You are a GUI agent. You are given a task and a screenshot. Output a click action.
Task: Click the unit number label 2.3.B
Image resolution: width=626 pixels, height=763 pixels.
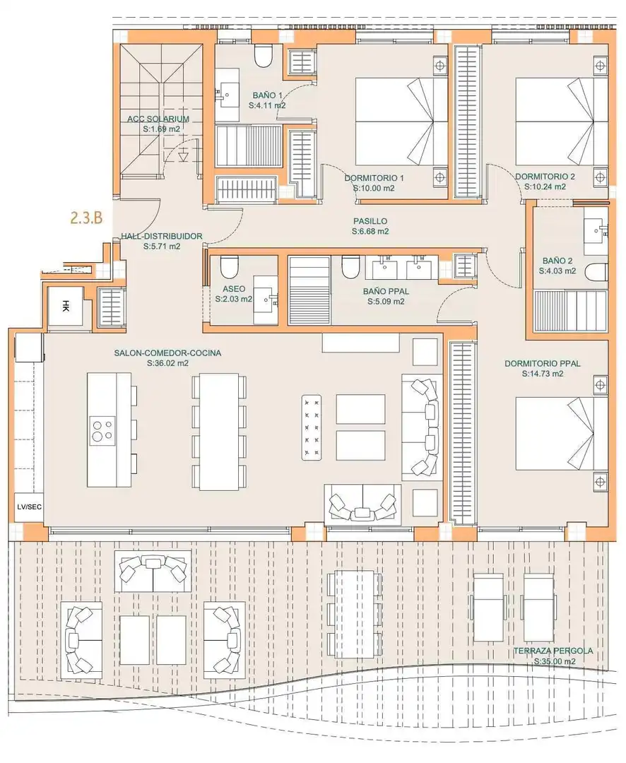[86, 218]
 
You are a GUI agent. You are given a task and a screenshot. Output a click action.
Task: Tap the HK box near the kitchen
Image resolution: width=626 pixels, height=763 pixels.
[65, 306]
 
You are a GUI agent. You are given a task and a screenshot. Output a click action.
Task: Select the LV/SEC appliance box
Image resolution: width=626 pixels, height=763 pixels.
[29, 507]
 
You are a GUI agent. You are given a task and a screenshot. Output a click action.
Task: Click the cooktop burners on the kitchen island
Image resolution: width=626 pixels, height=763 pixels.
[102, 431]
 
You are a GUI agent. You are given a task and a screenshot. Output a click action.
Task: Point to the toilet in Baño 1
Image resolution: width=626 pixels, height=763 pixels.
[264, 56]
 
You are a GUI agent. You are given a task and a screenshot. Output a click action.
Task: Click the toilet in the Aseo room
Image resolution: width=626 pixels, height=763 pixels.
[228, 266]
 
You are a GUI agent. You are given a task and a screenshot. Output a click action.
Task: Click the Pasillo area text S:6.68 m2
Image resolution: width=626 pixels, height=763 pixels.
[370, 232]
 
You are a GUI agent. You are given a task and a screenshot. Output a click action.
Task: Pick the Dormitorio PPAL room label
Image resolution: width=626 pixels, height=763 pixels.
[542, 364]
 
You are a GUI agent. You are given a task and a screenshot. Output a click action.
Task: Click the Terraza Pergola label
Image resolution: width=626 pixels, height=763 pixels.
[553, 651]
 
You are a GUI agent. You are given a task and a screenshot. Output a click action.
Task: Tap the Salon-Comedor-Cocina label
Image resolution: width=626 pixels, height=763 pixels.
[167, 353]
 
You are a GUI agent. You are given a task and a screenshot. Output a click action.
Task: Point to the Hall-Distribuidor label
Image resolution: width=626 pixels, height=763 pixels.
[162, 236]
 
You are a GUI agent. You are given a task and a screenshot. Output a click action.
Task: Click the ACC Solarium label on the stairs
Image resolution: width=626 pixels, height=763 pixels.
[158, 119]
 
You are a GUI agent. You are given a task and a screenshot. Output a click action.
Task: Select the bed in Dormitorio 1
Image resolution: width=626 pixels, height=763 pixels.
[394, 122]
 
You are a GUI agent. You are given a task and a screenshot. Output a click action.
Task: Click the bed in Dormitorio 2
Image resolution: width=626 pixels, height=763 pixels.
[555, 122]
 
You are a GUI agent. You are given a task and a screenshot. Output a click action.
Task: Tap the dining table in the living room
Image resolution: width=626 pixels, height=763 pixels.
[219, 432]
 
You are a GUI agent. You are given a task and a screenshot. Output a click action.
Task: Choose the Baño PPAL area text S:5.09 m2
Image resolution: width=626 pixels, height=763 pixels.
[386, 302]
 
